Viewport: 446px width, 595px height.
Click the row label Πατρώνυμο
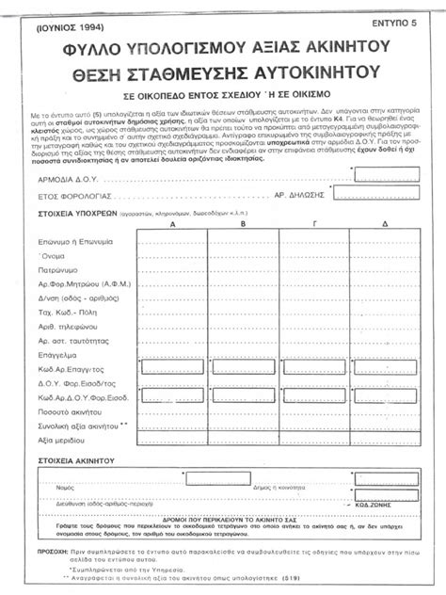59,270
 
